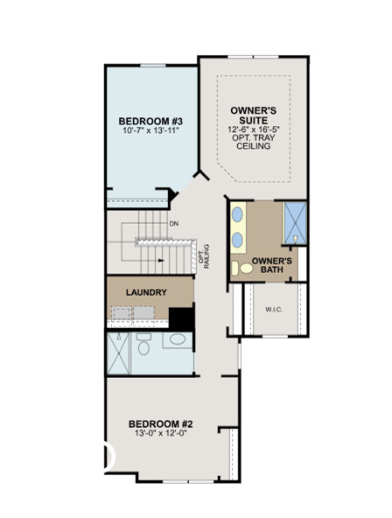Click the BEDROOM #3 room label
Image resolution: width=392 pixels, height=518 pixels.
pyautogui.click(x=151, y=121)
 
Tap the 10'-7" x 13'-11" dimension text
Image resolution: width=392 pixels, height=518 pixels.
pyautogui.click(x=151, y=132)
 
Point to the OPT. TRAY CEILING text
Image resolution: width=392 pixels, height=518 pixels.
pyautogui.click(x=253, y=141)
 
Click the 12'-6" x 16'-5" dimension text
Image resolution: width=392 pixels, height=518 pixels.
pyautogui.click(x=253, y=129)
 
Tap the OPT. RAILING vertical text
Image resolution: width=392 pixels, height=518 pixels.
pyautogui.click(x=204, y=255)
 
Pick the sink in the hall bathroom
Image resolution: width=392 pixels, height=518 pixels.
pyautogui.click(x=177, y=340)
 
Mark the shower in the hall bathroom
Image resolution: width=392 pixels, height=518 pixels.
pyautogui.click(x=118, y=352)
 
